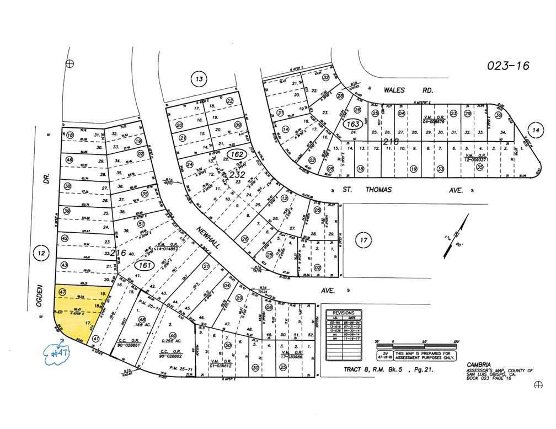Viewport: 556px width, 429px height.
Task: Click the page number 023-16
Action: [x=507, y=66]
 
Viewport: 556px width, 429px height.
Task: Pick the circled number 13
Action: [x=199, y=79]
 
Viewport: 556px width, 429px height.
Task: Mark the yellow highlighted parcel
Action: [x=79, y=312]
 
